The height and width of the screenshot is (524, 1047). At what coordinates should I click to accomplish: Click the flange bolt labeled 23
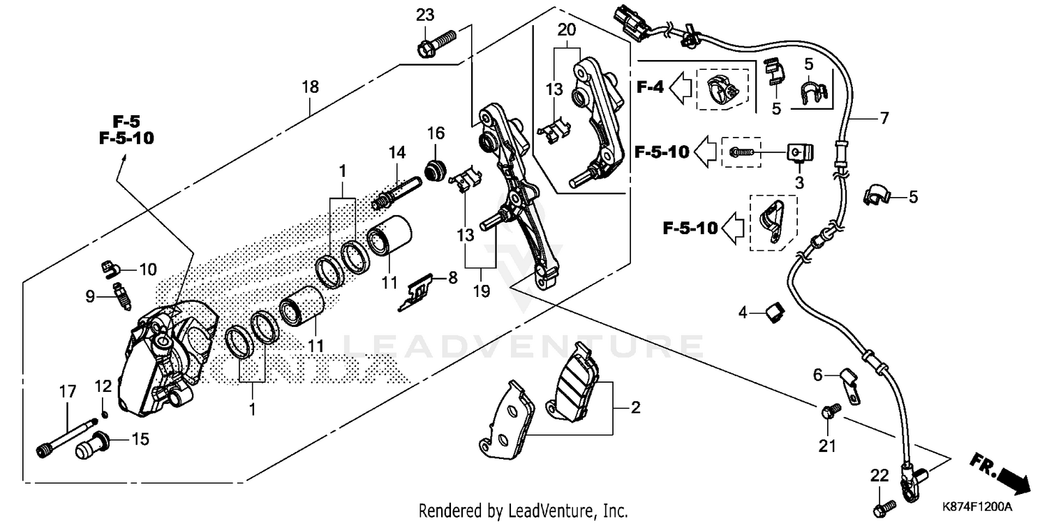(435, 42)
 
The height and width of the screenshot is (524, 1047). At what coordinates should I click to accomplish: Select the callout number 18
(310, 87)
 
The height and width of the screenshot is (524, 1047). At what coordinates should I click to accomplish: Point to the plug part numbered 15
(90, 445)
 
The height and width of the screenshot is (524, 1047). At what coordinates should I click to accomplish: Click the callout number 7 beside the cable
(884, 118)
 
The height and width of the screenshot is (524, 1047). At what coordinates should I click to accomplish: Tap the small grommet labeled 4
(773, 314)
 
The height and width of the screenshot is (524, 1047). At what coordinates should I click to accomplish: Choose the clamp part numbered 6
(848, 384)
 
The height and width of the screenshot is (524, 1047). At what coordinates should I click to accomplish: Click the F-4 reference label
(649, 87)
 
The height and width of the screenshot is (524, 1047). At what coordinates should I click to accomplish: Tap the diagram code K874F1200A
(978, 506)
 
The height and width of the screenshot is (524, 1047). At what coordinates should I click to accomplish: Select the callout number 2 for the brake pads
(634, 408)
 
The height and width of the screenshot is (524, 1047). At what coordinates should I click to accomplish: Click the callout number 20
(567, 30)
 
